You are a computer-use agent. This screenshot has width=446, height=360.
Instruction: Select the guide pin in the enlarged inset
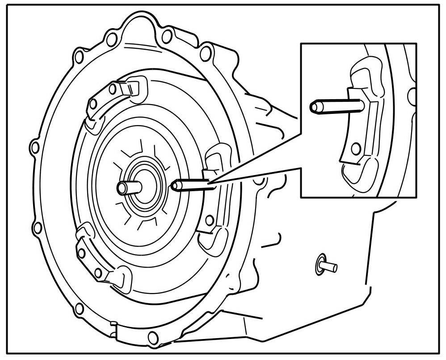(335, 106)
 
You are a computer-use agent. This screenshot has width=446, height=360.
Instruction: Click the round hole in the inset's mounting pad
(356, 147)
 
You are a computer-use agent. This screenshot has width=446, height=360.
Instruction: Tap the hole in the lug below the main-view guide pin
(209, 219)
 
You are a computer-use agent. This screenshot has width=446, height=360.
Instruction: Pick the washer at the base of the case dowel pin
(320, 264)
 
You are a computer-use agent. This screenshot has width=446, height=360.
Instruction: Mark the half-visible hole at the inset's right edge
(413, 95)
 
